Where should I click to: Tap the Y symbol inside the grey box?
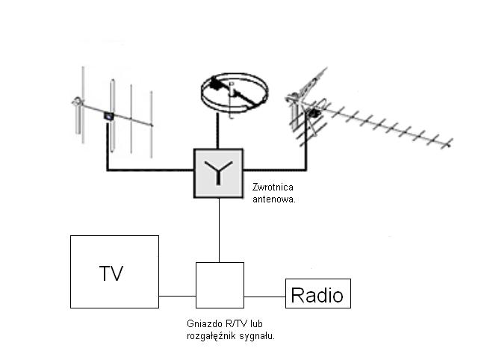pyautogui.click(x=218, y=173)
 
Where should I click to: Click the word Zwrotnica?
pyautogui.click(x=273, y=187)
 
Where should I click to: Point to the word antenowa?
pyautogui.click(x=273, y=199)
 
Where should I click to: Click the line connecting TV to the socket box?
pyautogui.click(x=177, y=296)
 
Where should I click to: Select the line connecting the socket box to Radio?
pyautogui.click(x=264, y=297)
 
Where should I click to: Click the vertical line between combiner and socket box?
pyautogui.click(x=219, y=230)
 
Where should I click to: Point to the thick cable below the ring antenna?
pyautogui.click(x=217, y=130)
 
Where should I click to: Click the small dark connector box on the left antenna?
pyautogui.click(x=108, y=116)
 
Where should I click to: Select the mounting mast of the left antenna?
pyautogui.click(x=78, y=117)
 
